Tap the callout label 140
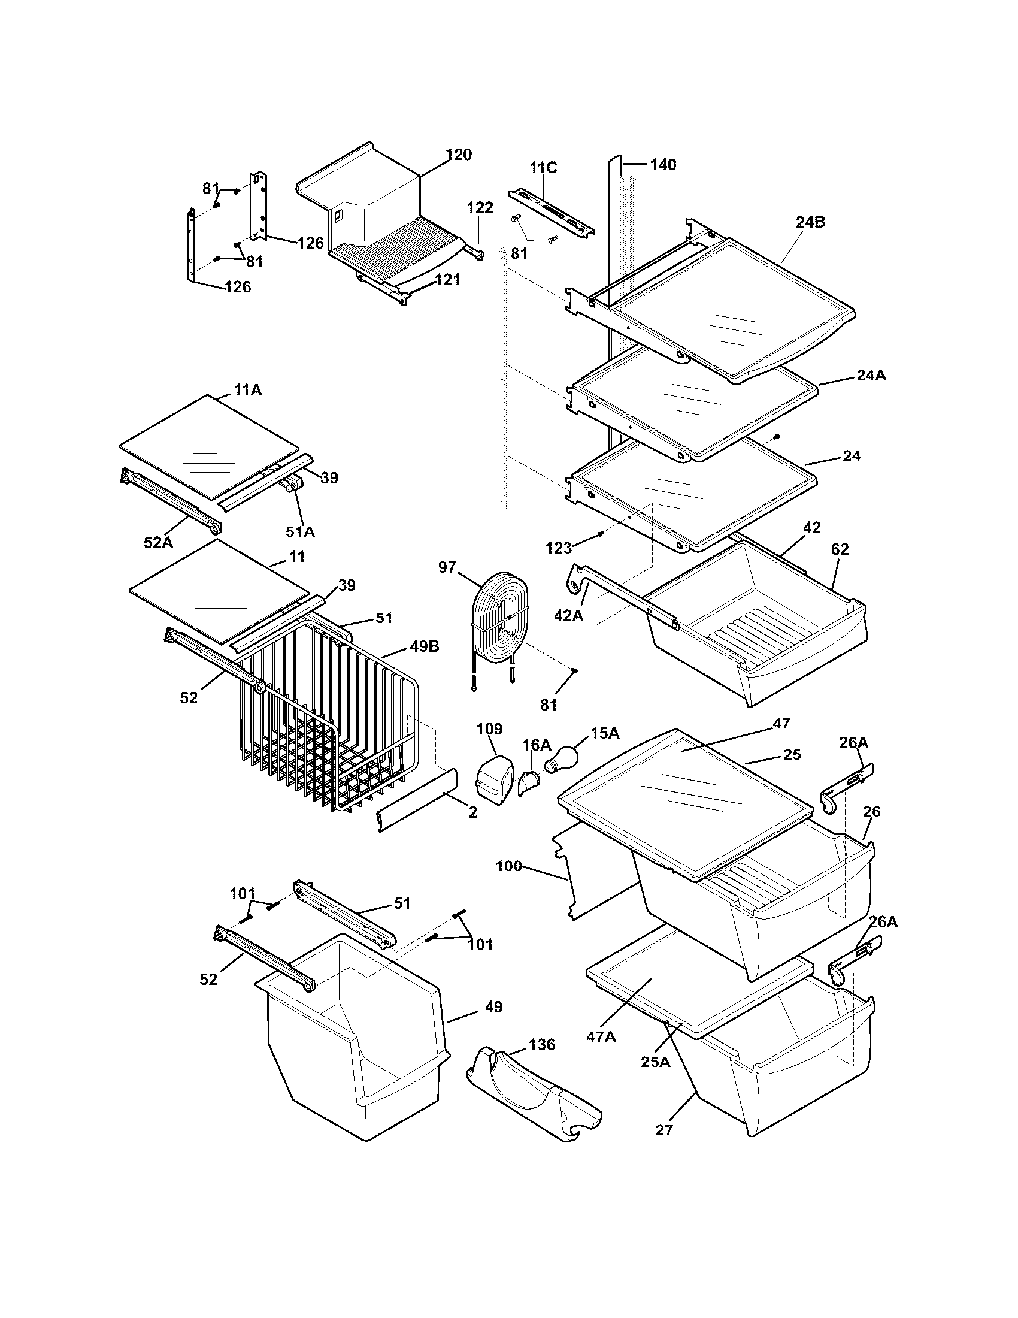click(663, 164)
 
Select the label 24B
click(810, 222)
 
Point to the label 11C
click(543, 168)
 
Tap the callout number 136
click(541, 1044)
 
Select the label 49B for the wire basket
click(425, 646)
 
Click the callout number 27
click(664, 1130)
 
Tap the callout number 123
click(559, 548)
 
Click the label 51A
click(300, 531)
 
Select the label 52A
click(158, 542)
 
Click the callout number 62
click(840, 549)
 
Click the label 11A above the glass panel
click(248, 390)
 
